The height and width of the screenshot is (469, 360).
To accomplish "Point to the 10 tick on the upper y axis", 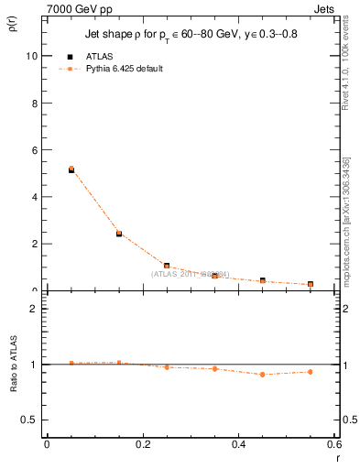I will click(32, 56).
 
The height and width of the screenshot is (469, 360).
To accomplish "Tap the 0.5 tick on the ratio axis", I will click(29, 420).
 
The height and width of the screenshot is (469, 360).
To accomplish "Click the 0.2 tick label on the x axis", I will click(142, 445).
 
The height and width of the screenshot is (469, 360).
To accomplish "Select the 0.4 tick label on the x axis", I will click(238, 445).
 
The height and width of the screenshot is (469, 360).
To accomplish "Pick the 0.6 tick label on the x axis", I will click(333, 445).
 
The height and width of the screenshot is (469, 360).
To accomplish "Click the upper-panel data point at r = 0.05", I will click(71, 169).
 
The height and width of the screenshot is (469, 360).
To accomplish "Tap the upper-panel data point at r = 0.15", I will click(119, 234).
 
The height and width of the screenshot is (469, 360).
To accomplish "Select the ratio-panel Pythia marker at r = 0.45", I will click(262, 374).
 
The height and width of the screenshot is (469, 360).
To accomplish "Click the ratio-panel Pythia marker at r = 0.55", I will click(311, 372).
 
